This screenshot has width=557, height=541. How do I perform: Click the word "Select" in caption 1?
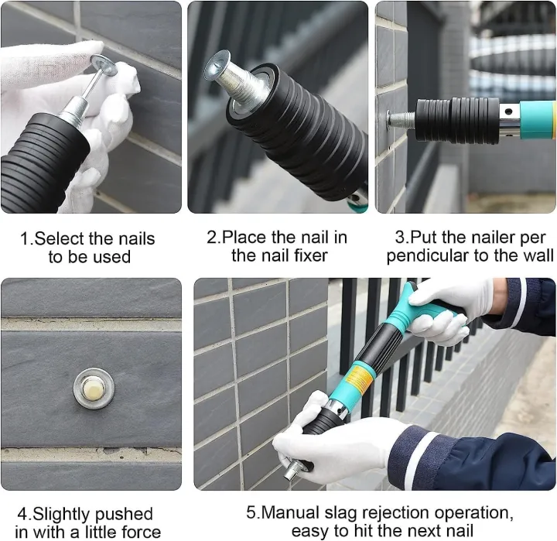point(60,238)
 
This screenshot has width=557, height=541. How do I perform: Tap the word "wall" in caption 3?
point(537,255)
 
